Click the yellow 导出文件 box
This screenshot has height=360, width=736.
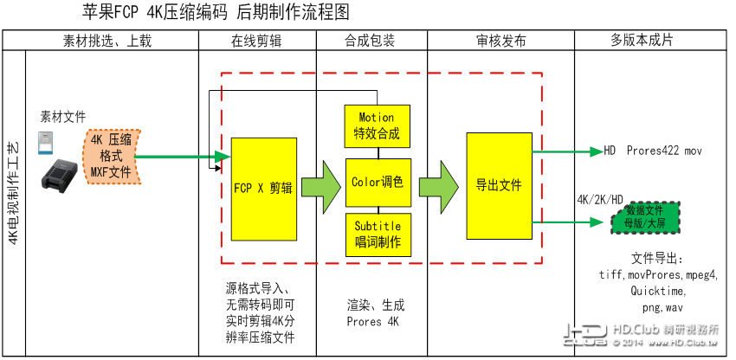click(x=499, y=185)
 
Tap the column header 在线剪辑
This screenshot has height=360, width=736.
click(x=257, y=41)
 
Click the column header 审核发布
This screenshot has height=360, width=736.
click(x=500, y=41)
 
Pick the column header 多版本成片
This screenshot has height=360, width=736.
click(x=642, y=41)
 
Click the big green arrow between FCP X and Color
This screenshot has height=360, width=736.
click(x=320, y=183)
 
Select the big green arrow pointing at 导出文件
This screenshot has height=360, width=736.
click(x=439, y=183)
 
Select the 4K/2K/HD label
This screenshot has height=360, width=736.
click(x=599, y=199)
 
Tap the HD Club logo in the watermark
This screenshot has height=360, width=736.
click(x=585, y=336)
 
